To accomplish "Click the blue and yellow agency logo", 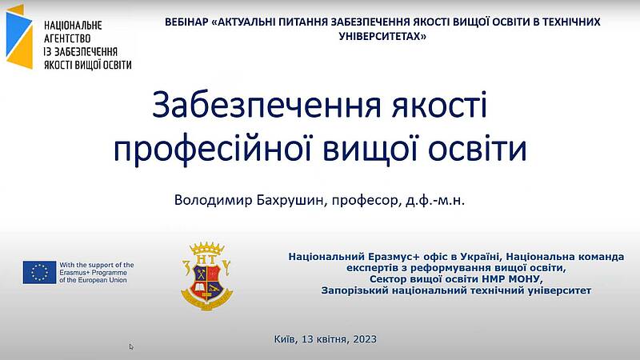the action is (x=19, y=37).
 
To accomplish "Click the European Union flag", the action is (x=39, y=272).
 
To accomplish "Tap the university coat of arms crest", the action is (x=207, y=276).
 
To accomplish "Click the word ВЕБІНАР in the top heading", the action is (x=186, y=22).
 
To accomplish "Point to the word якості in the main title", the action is (x=439, y=106).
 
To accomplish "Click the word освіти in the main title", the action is (x=477, y=148).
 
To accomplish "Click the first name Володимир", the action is (x=214, y=200).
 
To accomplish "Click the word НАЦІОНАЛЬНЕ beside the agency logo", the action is (x=73, y=26).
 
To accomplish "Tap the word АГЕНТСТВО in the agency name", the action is (x=67, y=38).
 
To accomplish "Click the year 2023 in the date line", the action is (x=365, y=339).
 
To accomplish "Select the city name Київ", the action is (x=286, y=339).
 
